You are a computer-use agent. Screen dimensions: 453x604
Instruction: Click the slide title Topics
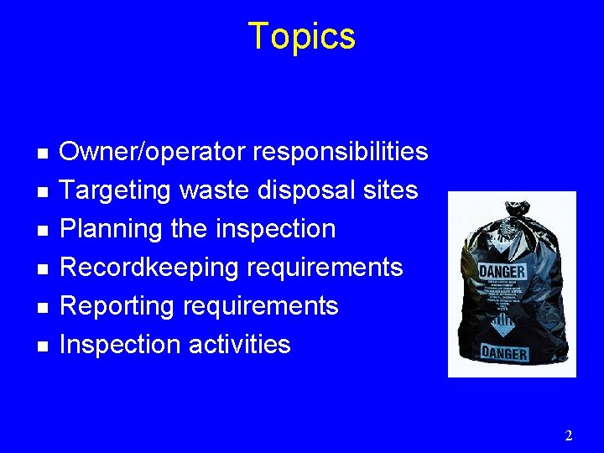(302, 37)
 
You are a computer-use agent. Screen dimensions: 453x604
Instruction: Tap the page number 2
(569, 435)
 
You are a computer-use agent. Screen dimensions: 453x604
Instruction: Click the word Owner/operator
(153, 153)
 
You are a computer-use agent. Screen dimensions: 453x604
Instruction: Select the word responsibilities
(340, 153)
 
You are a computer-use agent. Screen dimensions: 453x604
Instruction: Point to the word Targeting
(116, 191)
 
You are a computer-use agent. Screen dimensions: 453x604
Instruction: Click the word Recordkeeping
(145, 268)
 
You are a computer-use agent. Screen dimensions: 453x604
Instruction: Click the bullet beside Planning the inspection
(42, 231)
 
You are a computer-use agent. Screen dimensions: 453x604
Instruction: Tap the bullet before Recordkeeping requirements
(42, 269)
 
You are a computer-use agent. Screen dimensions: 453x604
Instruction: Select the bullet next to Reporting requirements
(42, 308)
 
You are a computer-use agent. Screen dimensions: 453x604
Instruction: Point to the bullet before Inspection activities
(42, 346)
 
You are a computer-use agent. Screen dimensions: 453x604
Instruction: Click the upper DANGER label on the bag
(502, 272)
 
